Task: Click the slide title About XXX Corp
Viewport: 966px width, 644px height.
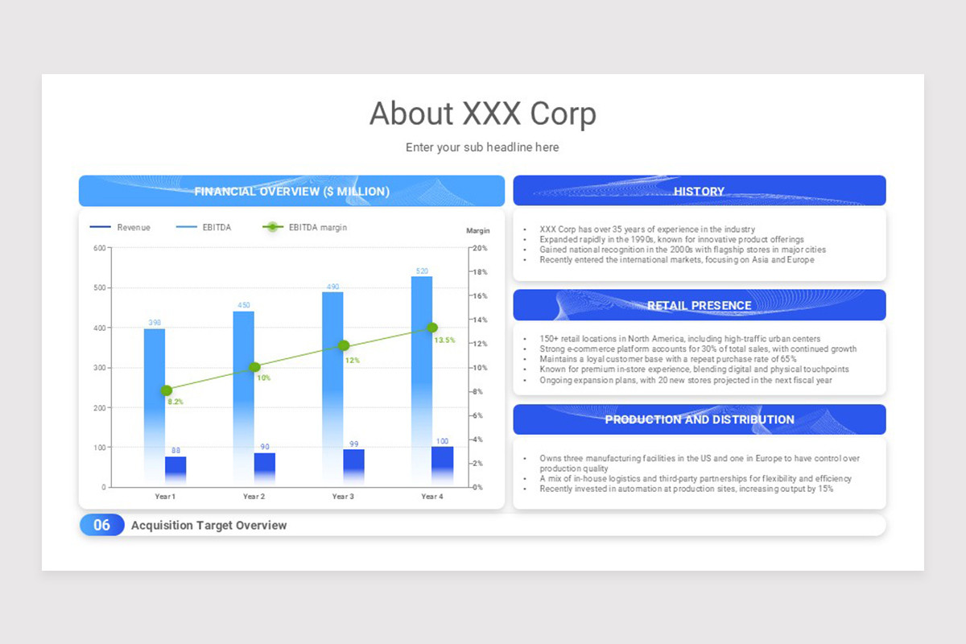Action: (x=482, y=114)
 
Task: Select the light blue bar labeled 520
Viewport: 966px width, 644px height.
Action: (x=422, y=362)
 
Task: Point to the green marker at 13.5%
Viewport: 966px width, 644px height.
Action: (x=432, y=328)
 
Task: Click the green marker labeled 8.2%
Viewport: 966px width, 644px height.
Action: (x=167, y=390)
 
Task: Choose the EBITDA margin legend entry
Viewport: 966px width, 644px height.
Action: (x=306, y=228)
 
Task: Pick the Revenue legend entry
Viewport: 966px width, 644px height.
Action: (x=121, y=228)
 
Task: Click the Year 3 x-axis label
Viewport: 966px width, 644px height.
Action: (x=343, y=497)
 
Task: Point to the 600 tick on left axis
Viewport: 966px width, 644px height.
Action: (x=100, y=248)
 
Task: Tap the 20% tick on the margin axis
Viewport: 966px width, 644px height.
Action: (x=480, y=248)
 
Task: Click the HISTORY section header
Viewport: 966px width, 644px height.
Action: (x=699, y=191)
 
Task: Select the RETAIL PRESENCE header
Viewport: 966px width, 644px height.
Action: (x=699, y=305)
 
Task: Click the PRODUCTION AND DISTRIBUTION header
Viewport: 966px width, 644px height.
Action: (x=699, y=419)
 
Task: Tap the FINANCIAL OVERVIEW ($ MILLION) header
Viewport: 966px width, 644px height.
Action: (x=291, y=191)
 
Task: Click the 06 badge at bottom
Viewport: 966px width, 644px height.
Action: (x=101, y=525)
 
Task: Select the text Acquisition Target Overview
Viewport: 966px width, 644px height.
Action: (x=208, y=525)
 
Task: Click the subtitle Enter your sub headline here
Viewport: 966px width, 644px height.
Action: (x=482, y=147)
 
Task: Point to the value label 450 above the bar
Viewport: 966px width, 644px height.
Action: (x=243, y=305)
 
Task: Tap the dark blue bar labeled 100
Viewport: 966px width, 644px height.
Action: (x=442, y=465)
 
